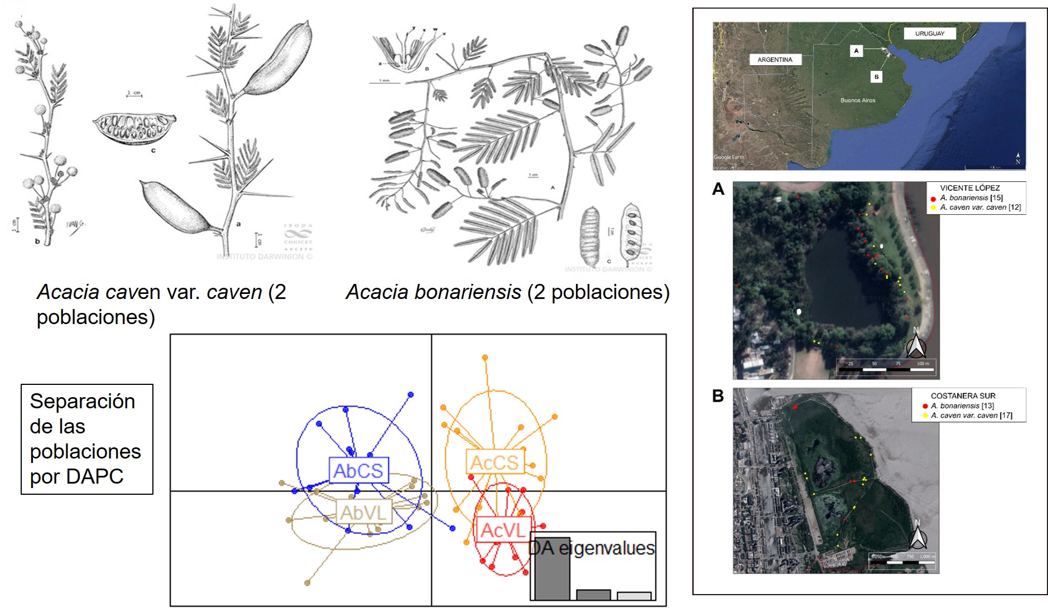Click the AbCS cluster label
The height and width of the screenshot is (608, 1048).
click(x=358, y=471)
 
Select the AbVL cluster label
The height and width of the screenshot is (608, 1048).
click(x=364, y=512)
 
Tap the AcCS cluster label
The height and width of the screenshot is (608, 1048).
click(x=494, y=462)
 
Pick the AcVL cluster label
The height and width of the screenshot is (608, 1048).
click(x=503, y=530)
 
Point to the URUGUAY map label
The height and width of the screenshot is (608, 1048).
click(x=930, y=33)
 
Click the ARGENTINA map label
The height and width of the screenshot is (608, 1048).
click(x=775, y=60)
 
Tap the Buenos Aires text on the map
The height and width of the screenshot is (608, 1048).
click(x=858, y=100)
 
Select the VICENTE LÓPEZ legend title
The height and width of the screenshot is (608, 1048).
click(x=970, y=188)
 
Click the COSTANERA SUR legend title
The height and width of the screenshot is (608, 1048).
click(x=963, y=395)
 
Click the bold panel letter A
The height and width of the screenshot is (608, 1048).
click(x=718, y=190)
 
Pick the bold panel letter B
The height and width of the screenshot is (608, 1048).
click(x=718, y=396)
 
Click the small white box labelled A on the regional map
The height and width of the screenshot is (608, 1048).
click(x=856, y=51)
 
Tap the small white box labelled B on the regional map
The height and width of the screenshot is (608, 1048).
click(x=877, y=77)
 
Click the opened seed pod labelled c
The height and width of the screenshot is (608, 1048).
click(x=134, y=128)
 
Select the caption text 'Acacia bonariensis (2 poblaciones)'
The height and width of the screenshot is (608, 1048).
click(x=507, y=292)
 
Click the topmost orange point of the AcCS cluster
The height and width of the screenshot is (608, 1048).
click(x=485, y=358)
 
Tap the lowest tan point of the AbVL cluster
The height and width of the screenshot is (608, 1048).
click(x=307, y=583)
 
